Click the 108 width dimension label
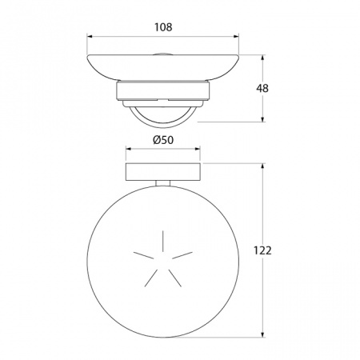163,27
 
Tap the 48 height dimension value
262,88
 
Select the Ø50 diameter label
163,140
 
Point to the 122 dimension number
262,250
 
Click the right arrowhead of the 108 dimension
236,36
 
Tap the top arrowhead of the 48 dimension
262,58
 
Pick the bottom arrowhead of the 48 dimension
262,119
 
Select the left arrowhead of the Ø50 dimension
129,149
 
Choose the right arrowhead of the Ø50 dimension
198,149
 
